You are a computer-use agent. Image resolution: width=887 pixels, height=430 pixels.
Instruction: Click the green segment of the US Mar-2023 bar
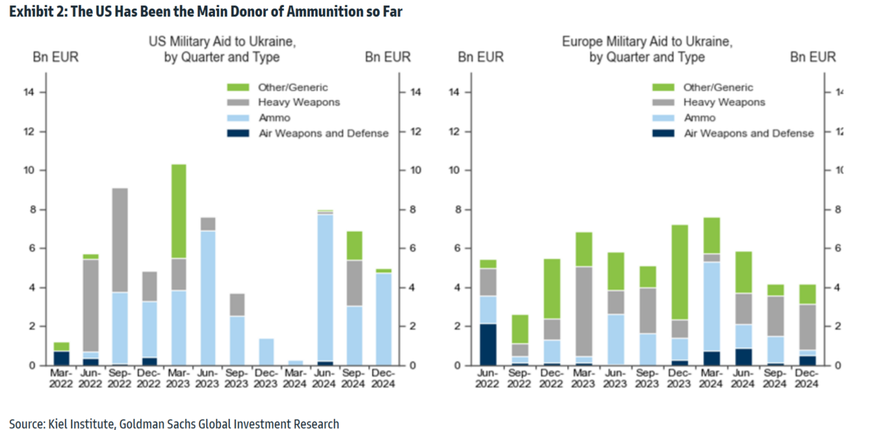pos(179,211)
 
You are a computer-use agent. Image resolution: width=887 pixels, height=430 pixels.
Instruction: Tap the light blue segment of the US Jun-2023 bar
pos(208,298)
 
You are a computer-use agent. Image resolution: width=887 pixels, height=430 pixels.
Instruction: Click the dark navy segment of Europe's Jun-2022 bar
pos(488,344)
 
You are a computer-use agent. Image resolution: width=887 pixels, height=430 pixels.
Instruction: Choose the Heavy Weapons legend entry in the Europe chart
pos(724,102)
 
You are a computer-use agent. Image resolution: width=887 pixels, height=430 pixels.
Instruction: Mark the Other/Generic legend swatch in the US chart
pos(238,87)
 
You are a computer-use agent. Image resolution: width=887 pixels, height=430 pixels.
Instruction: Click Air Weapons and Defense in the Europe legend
pos(748,133)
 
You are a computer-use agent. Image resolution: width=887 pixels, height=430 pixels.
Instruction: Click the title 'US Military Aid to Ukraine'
pos(222,42)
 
